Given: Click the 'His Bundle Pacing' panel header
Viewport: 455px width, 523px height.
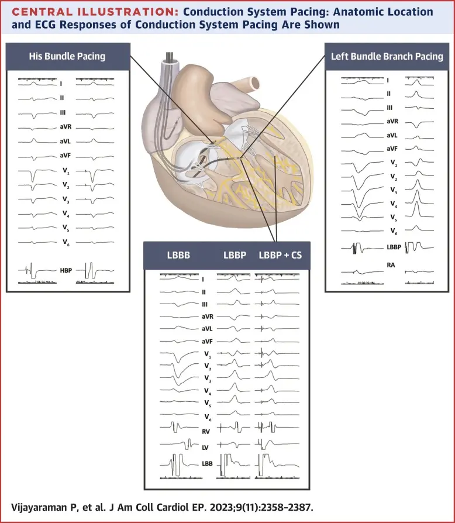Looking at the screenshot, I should [67, 56].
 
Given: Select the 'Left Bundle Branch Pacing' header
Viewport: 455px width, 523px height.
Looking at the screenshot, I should [387, 56].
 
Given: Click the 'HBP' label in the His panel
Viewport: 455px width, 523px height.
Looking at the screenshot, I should [66, 270].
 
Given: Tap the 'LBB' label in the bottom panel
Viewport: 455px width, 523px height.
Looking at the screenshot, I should [206, 464].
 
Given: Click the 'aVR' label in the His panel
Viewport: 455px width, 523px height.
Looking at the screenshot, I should [66, 128].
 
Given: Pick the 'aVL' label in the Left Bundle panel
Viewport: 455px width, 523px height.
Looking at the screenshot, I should [392, 135].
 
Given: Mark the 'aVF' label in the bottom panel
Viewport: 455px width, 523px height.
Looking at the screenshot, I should [206, 341].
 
